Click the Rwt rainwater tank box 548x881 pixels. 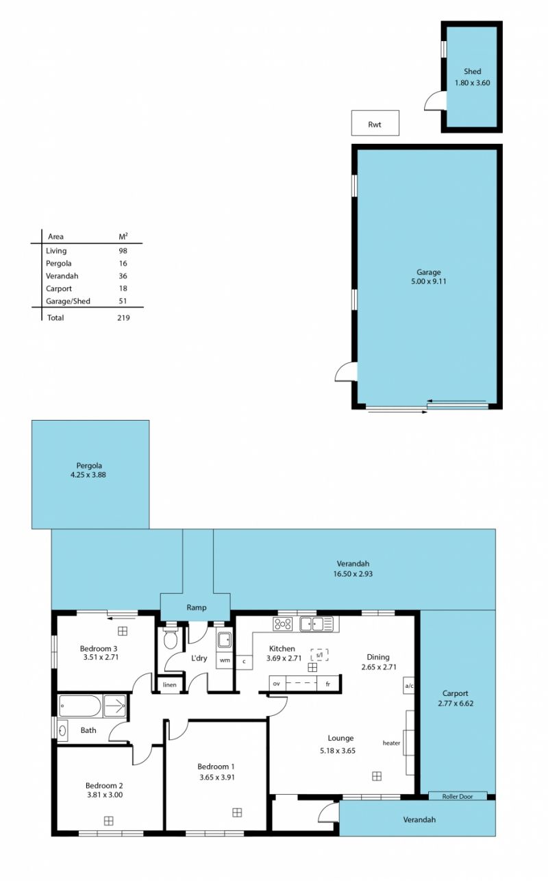pyautogui.click(x=375, y=123)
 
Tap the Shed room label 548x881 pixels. pyautogui.click(x=472, y=71)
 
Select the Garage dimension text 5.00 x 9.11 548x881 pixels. pyautogui.click(x=428, y=281)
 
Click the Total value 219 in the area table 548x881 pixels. pyautogui.click(x=123, y=318)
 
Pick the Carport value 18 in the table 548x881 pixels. pyautogui.click(x=123, y=288)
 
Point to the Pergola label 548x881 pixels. pyautogui.click(x=89, y=466)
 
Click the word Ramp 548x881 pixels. pyautogui.click(x=197, y=607)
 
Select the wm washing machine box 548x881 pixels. pyautogui.click(x=225, y=660)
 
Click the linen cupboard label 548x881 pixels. pyautogui.click(x=170, y=685)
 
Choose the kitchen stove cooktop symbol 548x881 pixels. pyautogui.click(x=283, y=624)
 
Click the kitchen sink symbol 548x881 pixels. pyautogui.click(x=316, y=624)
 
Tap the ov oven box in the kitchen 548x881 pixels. pyautogui.click(x=277, y=684)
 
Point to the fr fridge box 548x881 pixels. pyautogui.click(x=329, y=684)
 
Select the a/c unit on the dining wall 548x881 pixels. pyautogui.click(x=409, y=686)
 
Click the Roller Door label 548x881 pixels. pyautogui.click(x=458, y=797)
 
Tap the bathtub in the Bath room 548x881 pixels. pyautogui.click(x=81, y=706)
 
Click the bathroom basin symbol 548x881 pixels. pyautogui.click(x=62, y=731)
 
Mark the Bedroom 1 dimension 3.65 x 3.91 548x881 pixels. pyautogui.click(x=217, y=778)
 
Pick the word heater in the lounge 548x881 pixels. pyautogui.click(x=391, y=743)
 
